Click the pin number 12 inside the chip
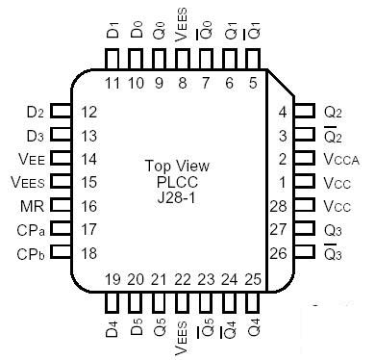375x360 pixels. point(90,112)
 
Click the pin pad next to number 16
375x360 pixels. point(60,206)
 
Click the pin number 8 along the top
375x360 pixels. point(183,83)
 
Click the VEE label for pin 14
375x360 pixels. point(31,159)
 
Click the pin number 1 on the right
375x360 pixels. point(282,182)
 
